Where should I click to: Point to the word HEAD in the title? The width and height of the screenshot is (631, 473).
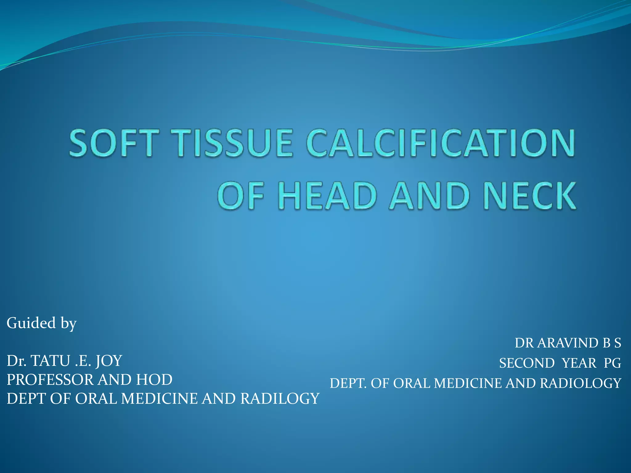click(x=328, y=196)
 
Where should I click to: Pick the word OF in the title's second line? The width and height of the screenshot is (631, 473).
click(x=241, y=196)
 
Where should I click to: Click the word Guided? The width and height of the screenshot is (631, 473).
click(x=31, y=323)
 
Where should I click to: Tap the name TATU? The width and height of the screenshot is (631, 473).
click(x=51, y=361)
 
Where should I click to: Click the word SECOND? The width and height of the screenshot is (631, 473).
click(x=527, y=363)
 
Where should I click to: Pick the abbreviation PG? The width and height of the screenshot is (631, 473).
click(x=612, y=363)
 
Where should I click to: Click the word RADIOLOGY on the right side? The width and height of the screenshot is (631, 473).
click(x=580, y=383)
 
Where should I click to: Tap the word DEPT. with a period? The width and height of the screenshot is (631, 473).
click(x=348, y=383)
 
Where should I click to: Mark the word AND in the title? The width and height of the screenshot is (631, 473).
click(x=429, y=196)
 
